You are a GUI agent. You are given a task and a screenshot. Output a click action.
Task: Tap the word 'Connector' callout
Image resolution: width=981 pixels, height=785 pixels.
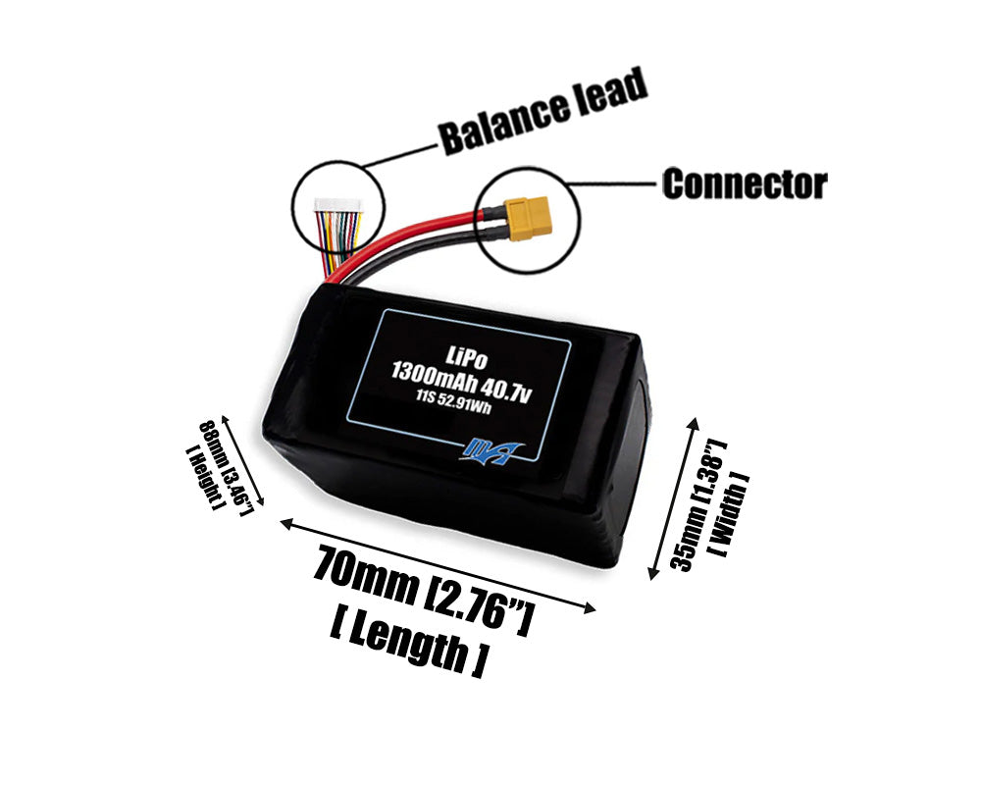point(744,183)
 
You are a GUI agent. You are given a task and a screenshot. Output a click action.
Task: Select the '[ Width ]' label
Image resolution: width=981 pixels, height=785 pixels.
point(728,514)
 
